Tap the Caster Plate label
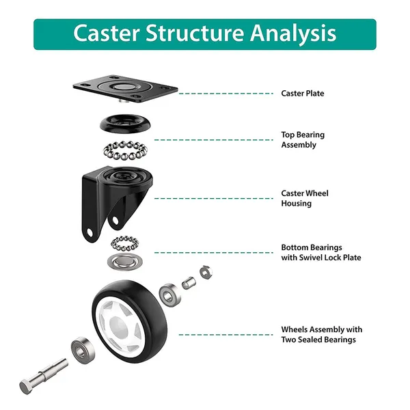tap(303, 93)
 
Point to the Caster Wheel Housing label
tap(305, 198)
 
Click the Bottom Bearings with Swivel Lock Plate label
tap(321, 252)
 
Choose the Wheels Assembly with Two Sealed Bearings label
tap(322, 334)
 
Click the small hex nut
tap(206, 272)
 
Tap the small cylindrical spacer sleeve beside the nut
tap(188, 282)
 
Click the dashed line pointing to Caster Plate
tap(225, 93)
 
